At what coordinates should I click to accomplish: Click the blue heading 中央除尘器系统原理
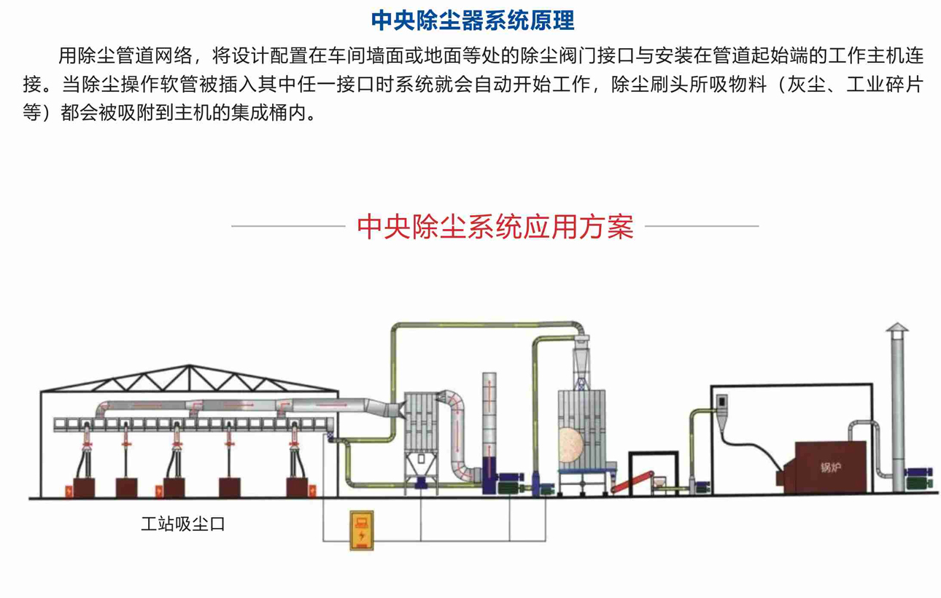(473, 20)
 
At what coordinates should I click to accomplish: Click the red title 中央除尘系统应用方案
(495, 227)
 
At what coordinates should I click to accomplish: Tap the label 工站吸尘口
(182, 524)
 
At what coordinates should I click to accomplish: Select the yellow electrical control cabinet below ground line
(361, 529)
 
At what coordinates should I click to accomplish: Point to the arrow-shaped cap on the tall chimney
(897, 330)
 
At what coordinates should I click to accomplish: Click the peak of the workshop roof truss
(190, 367)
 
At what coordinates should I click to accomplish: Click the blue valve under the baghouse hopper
(420, 483)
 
